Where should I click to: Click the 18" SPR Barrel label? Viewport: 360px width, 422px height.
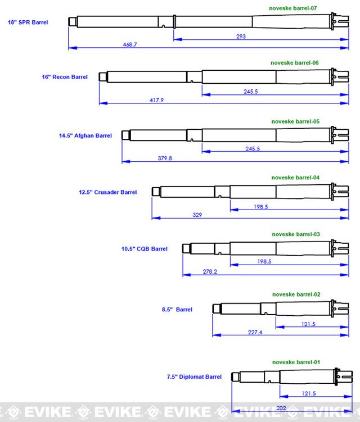[x=28, y=22]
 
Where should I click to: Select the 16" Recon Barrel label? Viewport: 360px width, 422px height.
[x=65, y=77]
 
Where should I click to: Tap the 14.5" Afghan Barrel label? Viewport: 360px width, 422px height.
[x=85, y=135]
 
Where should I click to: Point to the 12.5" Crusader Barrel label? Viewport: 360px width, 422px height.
[x=107, y=192]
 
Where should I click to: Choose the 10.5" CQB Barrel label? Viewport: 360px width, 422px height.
[x=145, y=249]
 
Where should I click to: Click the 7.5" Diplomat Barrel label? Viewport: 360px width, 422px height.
[x=194, y=377]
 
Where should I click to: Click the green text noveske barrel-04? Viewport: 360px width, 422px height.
[x=295, y=178]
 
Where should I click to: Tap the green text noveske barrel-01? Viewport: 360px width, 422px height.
[x=296, y=362]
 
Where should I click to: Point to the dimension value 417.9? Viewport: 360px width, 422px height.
[x=156, y=100]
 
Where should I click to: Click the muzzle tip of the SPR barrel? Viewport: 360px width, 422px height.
[x=71, y=21]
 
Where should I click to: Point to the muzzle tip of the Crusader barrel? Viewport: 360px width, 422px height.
[x=156, y=192]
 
